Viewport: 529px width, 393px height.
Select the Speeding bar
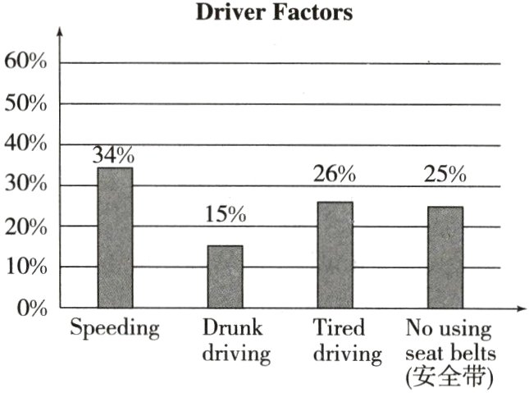click(x=115, y=238)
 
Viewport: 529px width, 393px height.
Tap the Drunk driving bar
click(x=225, y=277)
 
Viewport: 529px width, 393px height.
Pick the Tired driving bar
click(x=335, y=255)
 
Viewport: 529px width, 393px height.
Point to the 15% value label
click(x=225, y=216)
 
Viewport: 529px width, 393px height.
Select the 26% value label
click(x=335, y=174)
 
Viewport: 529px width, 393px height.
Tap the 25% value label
click(x=445, y=175)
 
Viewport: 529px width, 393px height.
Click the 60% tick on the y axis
click(x=26, y=63)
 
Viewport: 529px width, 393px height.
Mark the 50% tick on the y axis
click(x=26, y=104)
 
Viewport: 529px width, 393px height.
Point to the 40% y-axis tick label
click(x=26, y=145)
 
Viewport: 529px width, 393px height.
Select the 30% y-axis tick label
click(x=26, y=186)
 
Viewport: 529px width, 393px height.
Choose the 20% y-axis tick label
click(x=26, y=227)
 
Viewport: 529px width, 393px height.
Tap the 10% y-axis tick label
click(x=26, y=267)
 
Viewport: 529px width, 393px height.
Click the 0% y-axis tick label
click(x=31, y=308)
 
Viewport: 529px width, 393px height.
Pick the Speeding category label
click(x=114, y=330)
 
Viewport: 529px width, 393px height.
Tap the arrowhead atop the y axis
click(x=60, y=32)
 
